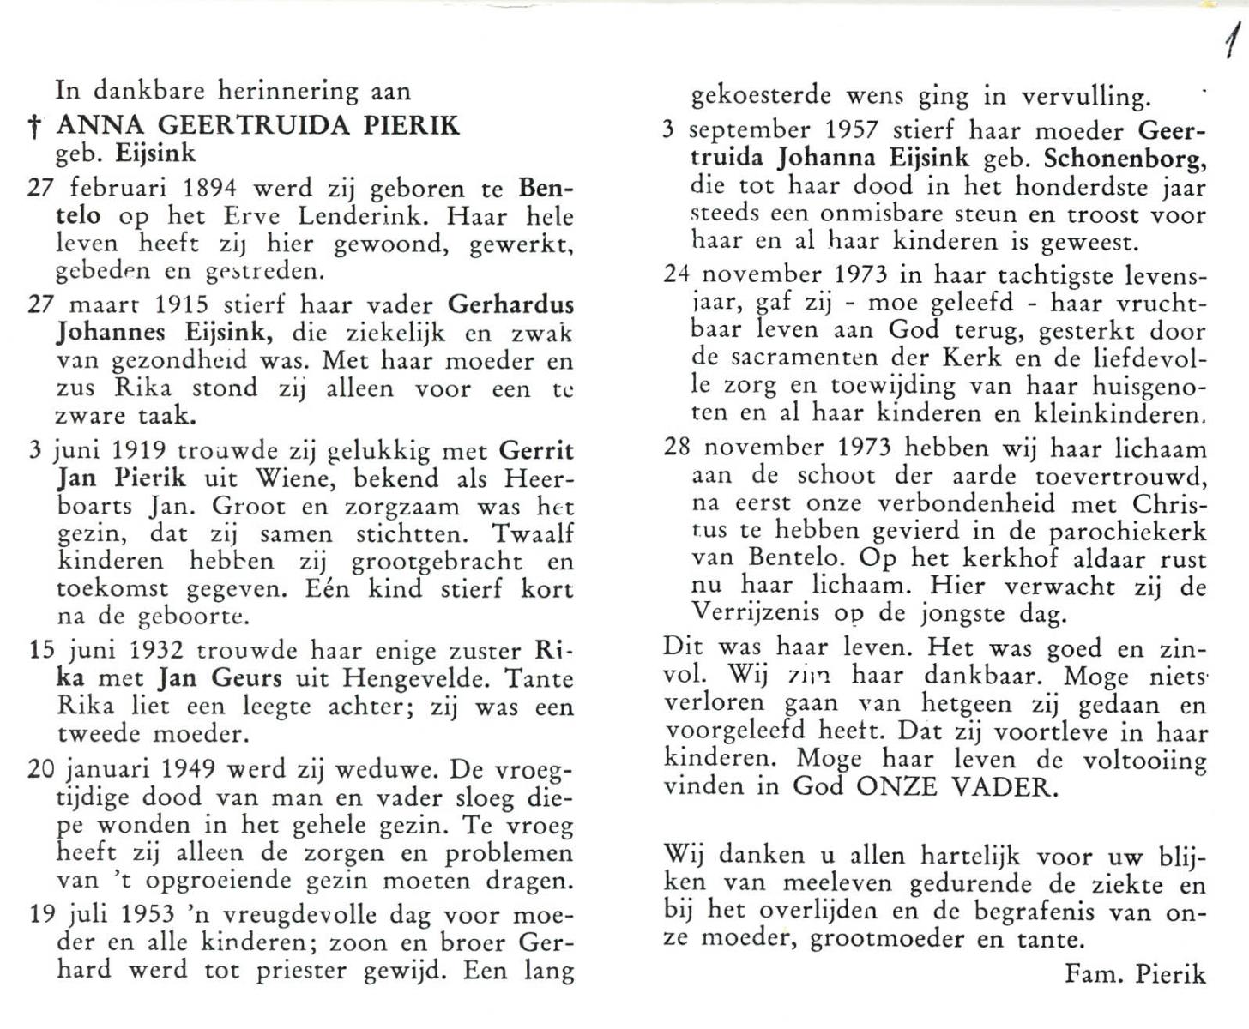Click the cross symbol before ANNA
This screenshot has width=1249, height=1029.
(x=35, y=128)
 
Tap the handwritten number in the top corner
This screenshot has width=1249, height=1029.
(x=1233, y=40)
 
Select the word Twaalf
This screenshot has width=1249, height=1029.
(x=532, y=533)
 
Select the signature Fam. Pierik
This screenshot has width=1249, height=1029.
(x=1134, y=974)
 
